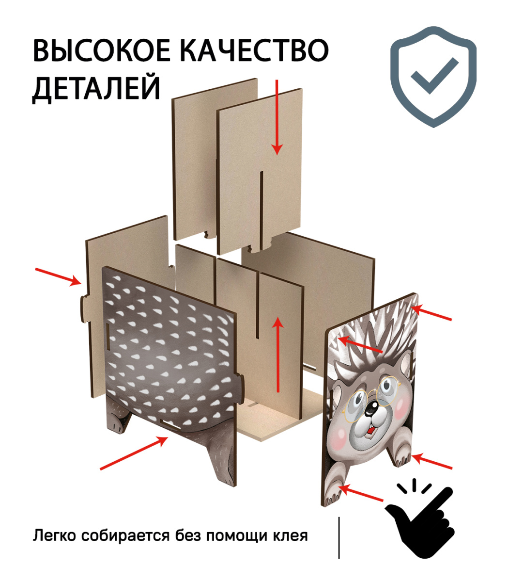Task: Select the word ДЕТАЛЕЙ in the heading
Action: coord(96,88)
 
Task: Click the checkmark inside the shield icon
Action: coord(434,76)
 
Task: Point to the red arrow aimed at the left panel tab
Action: coord(59,276)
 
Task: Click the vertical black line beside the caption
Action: coord(339,538)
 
